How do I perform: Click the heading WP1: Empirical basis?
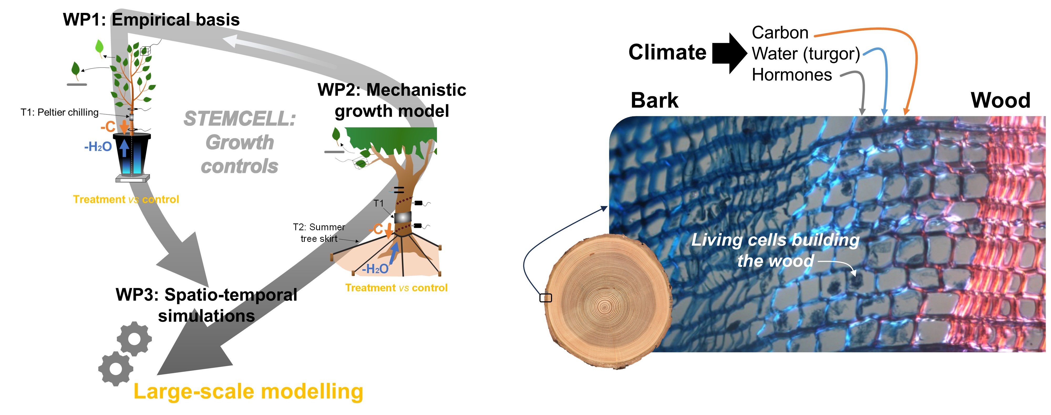151,20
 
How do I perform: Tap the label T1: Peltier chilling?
60,112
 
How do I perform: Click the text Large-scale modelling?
248,391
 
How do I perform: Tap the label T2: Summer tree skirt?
319,233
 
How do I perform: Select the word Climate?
667,52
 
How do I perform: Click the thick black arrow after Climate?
729,53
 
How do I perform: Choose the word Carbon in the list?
780,33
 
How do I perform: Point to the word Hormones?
791,75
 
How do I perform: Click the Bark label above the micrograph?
655,101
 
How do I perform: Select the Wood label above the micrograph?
1000,101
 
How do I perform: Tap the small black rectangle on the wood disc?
545,298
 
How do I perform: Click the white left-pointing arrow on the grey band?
277,51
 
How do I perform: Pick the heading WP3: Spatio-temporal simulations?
207,305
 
